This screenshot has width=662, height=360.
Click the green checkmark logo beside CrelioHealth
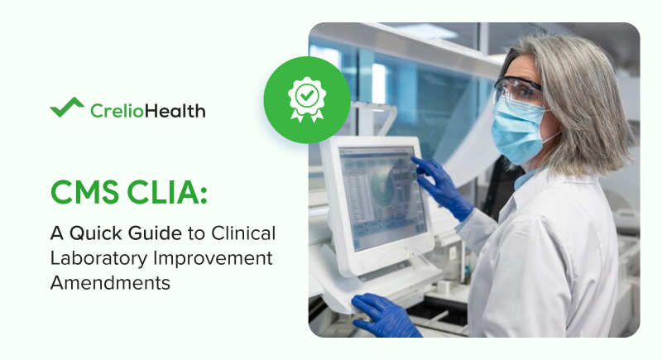point(67,108)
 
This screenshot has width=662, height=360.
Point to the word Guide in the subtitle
point(156,234)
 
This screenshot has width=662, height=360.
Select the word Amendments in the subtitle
point(110,282)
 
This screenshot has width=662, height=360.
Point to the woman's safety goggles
point(518,90)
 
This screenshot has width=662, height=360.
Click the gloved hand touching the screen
point(439,184)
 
